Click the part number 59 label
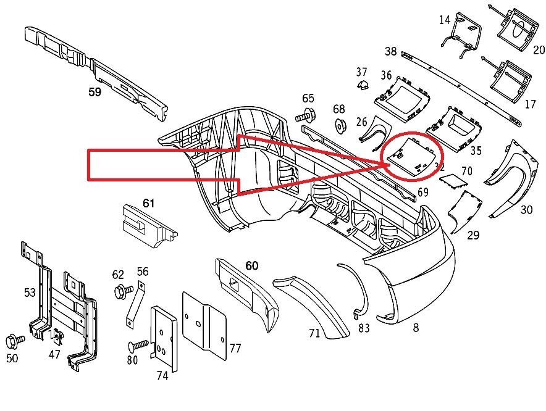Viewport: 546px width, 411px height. point(94,93)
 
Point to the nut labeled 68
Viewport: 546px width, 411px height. point(340,127)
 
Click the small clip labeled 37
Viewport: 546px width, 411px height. point(363,85)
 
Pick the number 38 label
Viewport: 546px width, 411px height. point(390,51)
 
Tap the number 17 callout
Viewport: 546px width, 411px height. point(530,104)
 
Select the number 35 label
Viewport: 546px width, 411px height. point(476,150)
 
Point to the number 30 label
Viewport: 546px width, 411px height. point(526,210)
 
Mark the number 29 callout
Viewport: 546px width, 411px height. point(473,235)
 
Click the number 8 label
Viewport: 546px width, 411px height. point(416,328)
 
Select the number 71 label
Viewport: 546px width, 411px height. point(314,333)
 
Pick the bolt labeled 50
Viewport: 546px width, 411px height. point(14,339)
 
